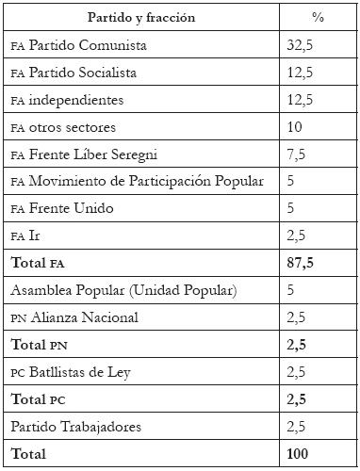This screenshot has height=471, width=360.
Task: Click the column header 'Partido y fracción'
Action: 140,18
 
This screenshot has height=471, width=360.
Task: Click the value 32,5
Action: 301,45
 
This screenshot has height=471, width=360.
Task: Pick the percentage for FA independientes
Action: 301,100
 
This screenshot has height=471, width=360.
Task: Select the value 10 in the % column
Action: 294,127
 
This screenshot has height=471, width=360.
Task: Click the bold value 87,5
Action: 301,264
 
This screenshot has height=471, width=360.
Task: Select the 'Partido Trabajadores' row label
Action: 77,428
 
